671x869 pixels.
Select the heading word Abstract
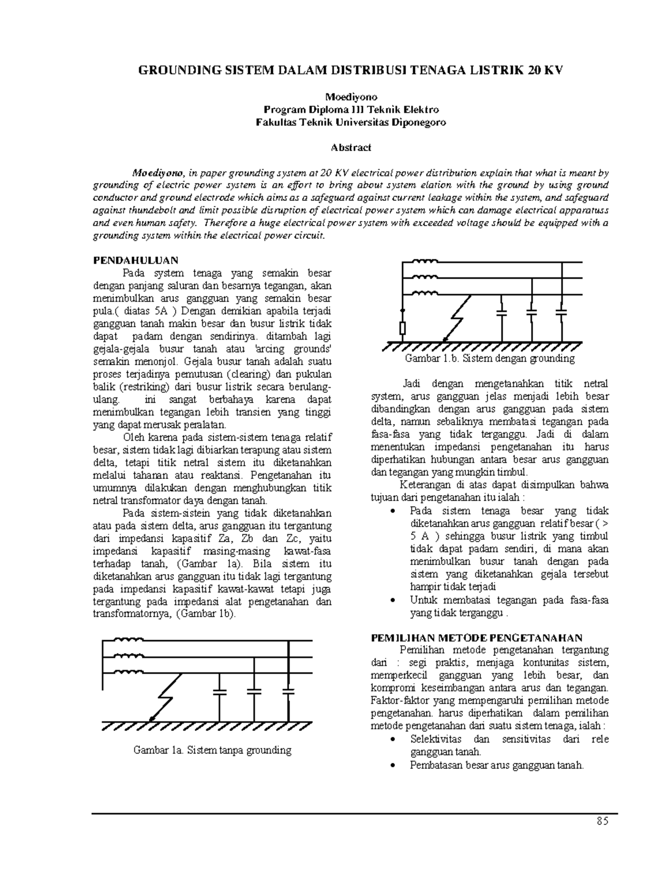click(x=351, y=148)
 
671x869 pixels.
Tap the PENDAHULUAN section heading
click(x=135, y=260)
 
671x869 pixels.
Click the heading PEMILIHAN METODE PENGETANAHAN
click(x=477, y=637)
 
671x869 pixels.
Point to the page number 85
click(x=602, y=821)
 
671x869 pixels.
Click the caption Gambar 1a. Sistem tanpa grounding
click(x=212, y=750)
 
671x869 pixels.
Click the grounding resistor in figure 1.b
click(x=401, y=327)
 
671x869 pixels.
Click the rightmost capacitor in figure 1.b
click(x=563, y=311)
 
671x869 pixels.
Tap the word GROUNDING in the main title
click(x=175, y=70)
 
